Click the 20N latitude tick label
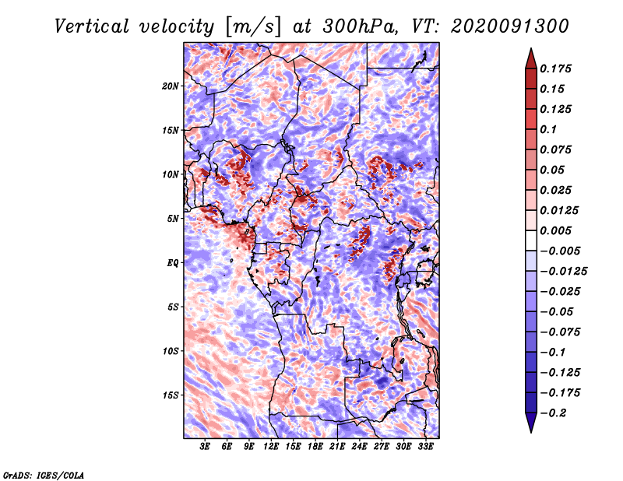coord(171,86)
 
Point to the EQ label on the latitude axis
coord(172,263)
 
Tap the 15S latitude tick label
coord(171,395)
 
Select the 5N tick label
coord(173,219)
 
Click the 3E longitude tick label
coord(205,447)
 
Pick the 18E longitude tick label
coord(315,447)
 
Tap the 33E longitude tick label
coord(425,447)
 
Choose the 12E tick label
coord(271,447)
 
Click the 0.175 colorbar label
coord(555,68)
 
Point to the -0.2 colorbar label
coord(553,413)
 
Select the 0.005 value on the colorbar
coord(555,230)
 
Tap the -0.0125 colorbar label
coord(563,272)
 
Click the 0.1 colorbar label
coord(548,129)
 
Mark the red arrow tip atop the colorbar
coord(531,48)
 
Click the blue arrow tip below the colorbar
coord(531,432)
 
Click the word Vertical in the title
coord(92,26)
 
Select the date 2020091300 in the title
coord(510,26)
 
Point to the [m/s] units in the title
coord(253,26)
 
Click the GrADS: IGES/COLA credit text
coord(44,475)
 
